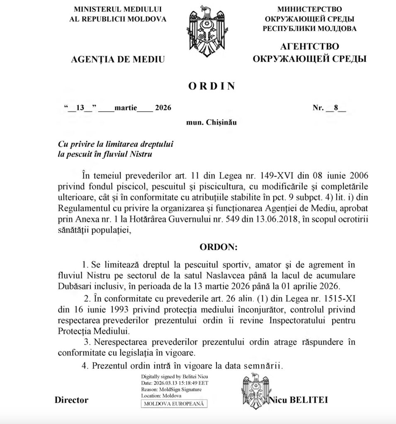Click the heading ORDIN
coord(211,86)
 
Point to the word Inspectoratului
coord(299,320)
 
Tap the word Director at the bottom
coord(71,400)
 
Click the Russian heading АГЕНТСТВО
coord(309,47)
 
